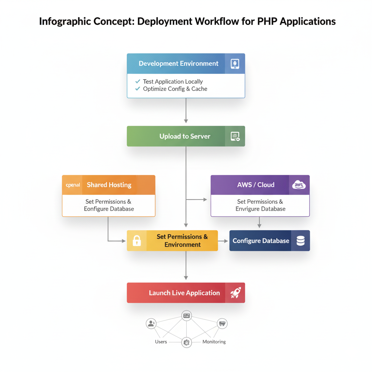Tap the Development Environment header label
click(x=178, y=64)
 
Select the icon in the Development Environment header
click(x=235, y=64)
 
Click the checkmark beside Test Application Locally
click(x=138, y=81)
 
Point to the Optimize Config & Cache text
click(x=175, y=89)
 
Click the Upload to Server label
click(x=185, y=136)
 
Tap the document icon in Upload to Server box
click(x=235, y=136)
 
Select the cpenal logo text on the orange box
click(x=73, y=185)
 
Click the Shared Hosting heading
click(x=109, y=185)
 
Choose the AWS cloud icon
click(x=299, y=185)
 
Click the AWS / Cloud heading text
click(x=256, y=185)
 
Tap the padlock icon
click(x=137, y=240)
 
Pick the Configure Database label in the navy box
click(x=261, y=241)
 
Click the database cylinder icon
click(x=300, y=240)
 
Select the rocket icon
click(x=235, y=293)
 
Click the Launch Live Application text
click(x=184, y=293)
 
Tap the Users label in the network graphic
click(x=161, y=342)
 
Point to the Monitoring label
click(x=214, y=342)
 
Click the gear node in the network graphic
click(x=186, y=342)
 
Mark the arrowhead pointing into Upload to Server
click(x=186, y=121)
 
